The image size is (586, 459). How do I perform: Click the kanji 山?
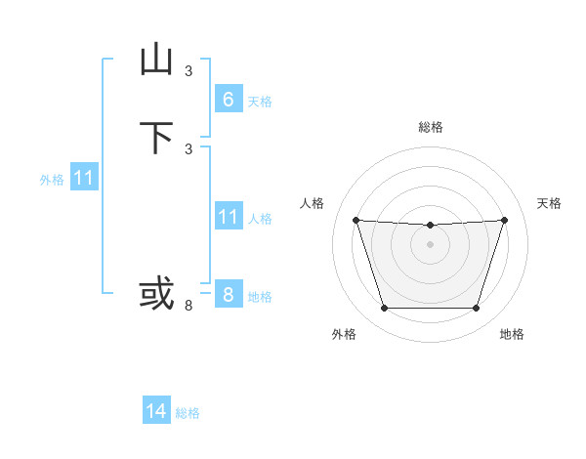point(157,61)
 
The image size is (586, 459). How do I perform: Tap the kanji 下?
point(157,138)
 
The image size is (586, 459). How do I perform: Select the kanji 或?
point(157,292)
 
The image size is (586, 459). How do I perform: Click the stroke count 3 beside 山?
point(188,70)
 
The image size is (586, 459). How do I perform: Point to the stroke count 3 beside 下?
point(188,148)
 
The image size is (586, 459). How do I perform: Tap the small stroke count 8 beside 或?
point(188,306)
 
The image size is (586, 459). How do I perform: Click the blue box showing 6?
point(228,100)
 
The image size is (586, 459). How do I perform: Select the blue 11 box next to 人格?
point(228,217)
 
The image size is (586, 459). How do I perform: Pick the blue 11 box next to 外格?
point(84,179)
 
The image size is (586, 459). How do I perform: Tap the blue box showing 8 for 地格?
point(228,294)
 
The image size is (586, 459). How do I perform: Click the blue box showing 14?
point(156,411)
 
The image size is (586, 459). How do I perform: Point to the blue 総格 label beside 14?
point(188,413)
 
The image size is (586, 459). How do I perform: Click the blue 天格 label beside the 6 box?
point(260,102)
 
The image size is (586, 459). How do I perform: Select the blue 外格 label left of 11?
point(52,181)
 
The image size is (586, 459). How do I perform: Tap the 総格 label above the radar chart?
point(431,127)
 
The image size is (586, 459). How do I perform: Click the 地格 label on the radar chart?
point(512,334)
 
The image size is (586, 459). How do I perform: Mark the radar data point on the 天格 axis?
point(504,220)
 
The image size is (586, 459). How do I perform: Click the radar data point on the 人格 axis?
point(356,220)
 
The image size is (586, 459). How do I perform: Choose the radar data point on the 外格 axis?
point(384,309)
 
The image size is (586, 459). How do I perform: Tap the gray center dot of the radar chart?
point(430,244)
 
